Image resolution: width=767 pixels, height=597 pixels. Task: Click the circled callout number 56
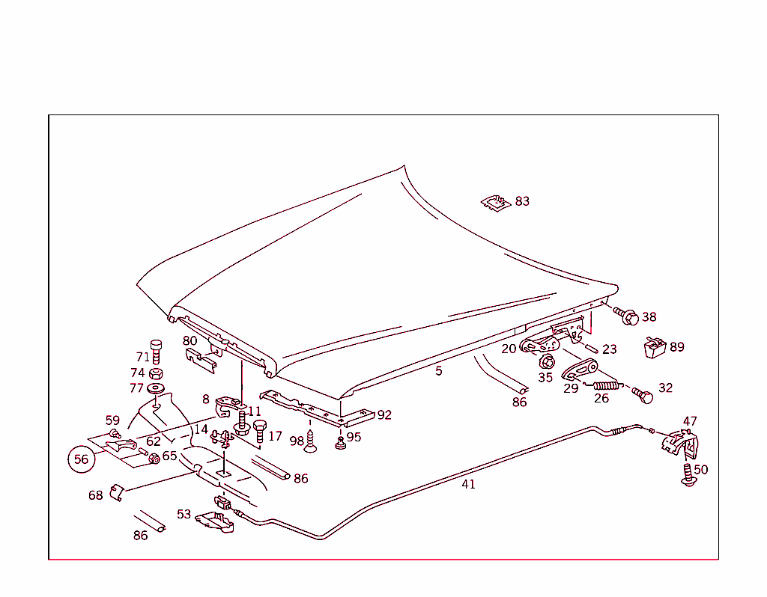click(81, 459)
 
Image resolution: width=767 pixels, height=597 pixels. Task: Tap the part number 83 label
click(522, 201)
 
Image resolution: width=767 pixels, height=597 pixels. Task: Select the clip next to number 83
click(494, 202)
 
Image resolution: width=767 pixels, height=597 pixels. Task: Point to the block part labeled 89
click(655, 348)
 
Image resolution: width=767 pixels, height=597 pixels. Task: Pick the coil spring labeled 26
click(607, 386)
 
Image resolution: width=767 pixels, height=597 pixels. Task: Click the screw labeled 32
click(642, 394)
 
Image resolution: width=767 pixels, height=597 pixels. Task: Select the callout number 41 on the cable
click(468, 484)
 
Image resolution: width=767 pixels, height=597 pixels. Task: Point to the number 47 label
click(690, 421)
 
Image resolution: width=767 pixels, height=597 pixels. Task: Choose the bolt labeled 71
click(157, 350)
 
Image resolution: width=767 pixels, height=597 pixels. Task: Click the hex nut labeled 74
click(156, 373)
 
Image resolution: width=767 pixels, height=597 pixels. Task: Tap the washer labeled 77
click(157, 389)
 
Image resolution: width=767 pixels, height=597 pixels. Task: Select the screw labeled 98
click(312, 444)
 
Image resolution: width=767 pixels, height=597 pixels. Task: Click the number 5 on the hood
click(439, 370)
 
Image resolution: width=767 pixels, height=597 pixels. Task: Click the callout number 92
click(384, 415)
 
